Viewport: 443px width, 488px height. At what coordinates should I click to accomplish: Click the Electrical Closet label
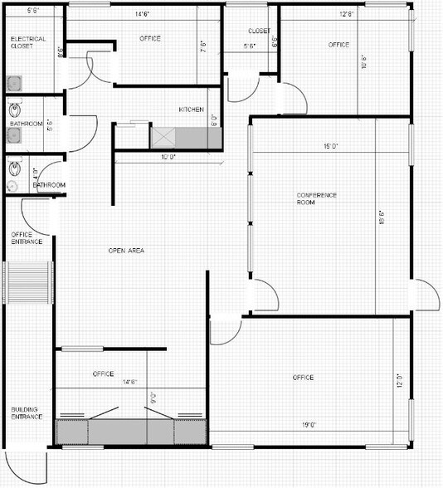[28, 42]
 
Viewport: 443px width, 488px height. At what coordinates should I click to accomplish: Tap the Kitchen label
[192, 110]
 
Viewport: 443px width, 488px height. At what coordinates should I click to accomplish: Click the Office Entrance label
[27, 237]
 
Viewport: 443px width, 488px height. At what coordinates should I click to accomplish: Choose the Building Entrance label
[27, 412]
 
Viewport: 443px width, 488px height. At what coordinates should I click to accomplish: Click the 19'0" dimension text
[308, 425]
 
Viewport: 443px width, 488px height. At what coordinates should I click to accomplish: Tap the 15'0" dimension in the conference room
[330, 148]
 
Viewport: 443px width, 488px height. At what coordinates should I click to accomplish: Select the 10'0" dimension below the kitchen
[168, 156]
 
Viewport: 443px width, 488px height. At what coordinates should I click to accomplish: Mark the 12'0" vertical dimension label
[399, 383]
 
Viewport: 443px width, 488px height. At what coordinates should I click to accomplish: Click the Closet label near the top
[259, 31]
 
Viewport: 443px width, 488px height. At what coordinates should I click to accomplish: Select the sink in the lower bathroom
[14, 169]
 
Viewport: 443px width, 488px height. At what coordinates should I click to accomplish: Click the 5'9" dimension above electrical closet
[33, 11]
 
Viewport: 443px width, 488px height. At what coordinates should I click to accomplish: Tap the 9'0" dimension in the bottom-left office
[152, 397]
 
